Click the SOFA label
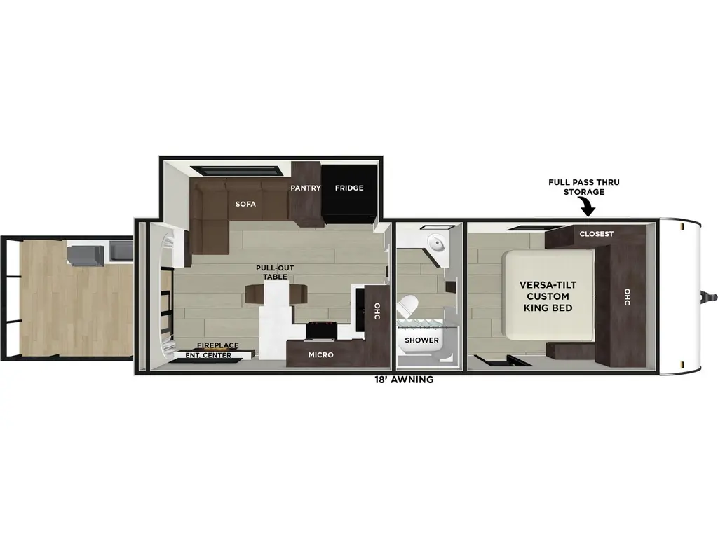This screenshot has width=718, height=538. coord(245,205)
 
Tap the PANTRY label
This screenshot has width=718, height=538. coord(306,188)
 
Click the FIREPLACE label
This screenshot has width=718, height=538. coord(217,345)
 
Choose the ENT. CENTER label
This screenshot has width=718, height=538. coord(208,355)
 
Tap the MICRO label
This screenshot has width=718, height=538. coord(320,355)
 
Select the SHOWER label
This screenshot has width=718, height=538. coord(421,340)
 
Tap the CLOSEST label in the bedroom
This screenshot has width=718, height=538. coord(596,234)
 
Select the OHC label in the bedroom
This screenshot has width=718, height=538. coord(626,297)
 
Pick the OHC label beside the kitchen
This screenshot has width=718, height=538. coord(377,310)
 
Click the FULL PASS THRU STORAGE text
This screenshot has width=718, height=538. coord(584,187)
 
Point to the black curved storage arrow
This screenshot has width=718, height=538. coord(587,207)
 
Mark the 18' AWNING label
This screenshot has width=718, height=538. coord(404,380)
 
